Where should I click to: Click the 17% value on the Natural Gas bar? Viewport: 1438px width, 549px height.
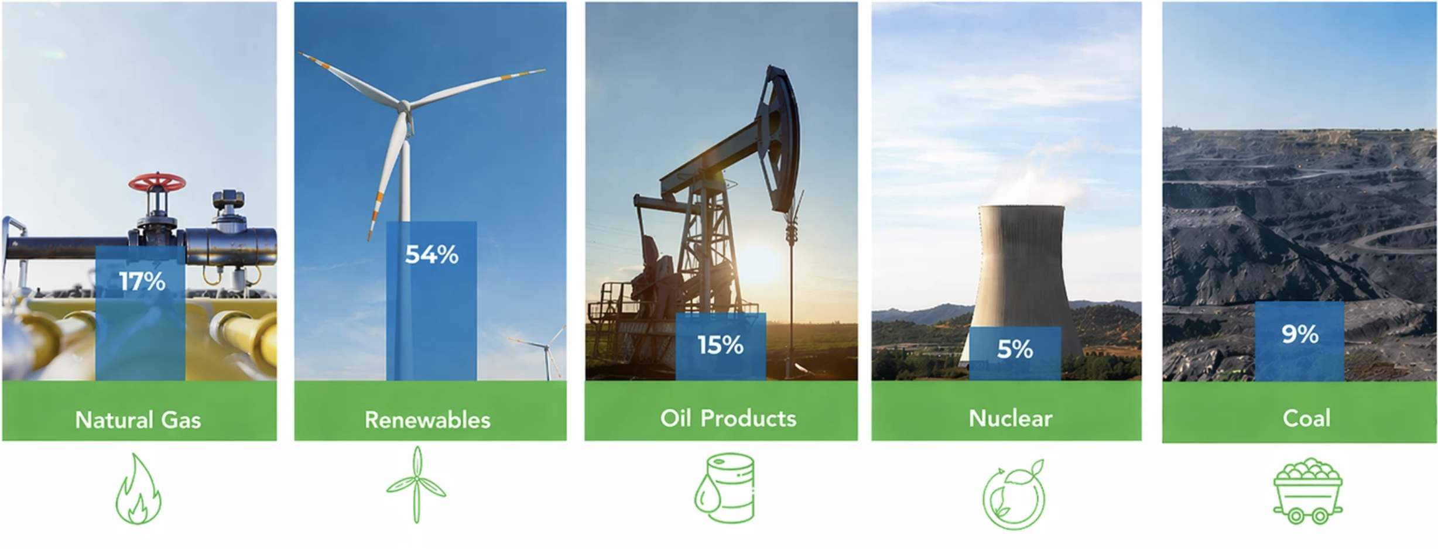[142, 282]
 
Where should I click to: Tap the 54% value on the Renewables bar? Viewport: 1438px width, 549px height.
[432, 254]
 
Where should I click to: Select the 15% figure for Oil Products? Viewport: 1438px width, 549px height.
[720, 345]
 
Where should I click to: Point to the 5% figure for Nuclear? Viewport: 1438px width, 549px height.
[1015, 349]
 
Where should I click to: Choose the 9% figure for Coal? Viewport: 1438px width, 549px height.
[1300, 334]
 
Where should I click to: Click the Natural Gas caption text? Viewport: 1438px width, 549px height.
[138, 420]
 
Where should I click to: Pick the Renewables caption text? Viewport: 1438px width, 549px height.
[427, 420]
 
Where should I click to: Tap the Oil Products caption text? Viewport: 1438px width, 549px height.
[728, 418]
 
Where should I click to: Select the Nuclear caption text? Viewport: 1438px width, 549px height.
[1011, 418]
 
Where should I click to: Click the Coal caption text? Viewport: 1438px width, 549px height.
[1307, 418]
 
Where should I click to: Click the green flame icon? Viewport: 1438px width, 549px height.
[138, 489]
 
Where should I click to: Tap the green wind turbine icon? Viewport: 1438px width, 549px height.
[416, 485]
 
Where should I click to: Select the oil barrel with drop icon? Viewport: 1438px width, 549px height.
[725, 488]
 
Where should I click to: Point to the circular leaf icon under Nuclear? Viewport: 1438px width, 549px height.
[1014, 495]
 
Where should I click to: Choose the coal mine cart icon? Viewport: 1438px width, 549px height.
[1308, 491]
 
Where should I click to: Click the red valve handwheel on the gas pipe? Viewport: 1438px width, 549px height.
[157, 183]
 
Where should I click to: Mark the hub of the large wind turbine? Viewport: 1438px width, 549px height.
[404, 107]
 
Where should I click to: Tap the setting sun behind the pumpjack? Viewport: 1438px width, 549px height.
[759, 263]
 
